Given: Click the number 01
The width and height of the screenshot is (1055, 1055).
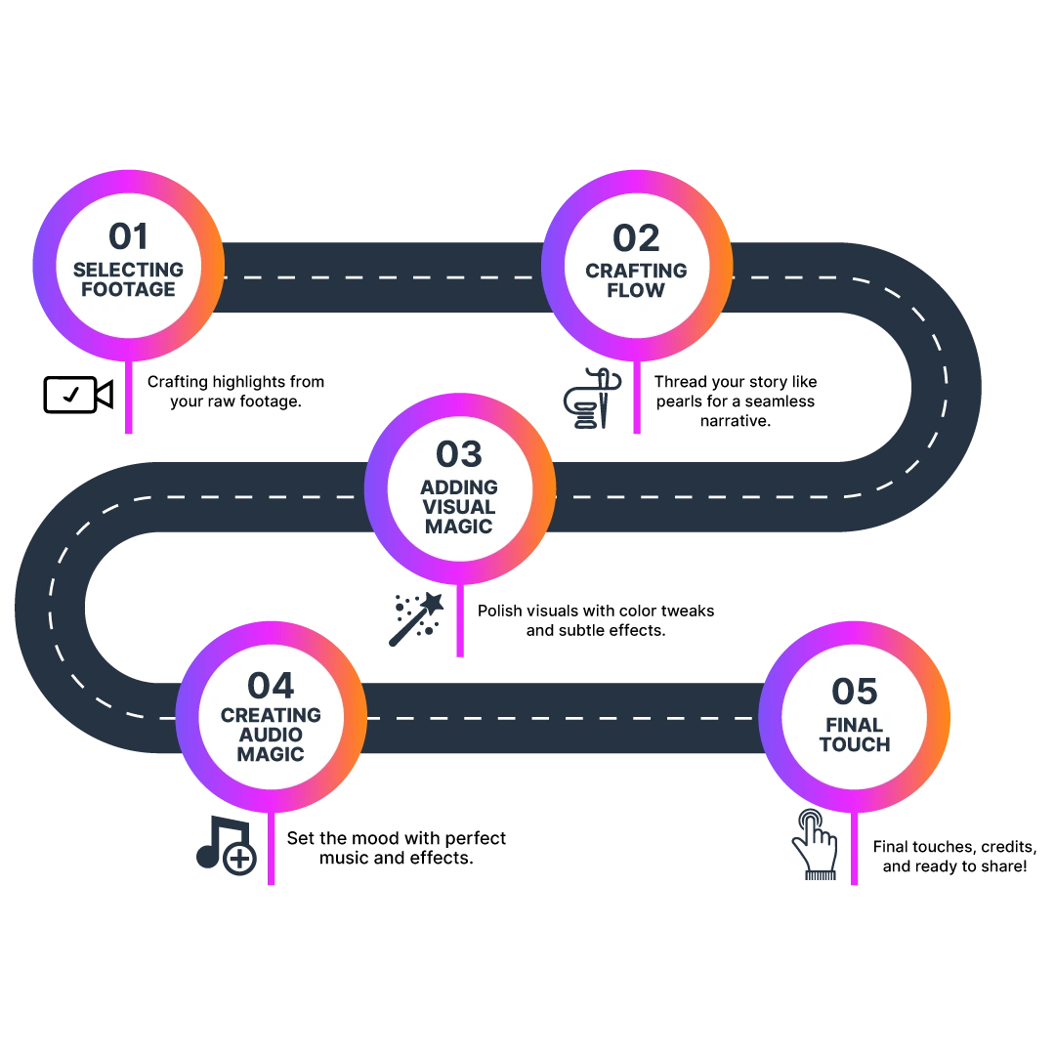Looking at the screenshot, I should pos(128,237).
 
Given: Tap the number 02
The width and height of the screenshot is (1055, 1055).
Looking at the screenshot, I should pos(636,238).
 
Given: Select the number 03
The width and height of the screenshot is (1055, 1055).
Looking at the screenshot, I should pos(459,454).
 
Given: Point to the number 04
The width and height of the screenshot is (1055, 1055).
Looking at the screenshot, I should pos(271,685).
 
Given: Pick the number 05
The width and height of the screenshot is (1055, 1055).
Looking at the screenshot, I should pos(855,693).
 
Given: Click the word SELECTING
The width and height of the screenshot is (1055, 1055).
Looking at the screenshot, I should pos(128,270).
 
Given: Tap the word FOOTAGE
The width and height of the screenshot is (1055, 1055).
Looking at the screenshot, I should pos(128,290).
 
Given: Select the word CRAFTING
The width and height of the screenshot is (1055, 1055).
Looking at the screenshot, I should pos(636,271).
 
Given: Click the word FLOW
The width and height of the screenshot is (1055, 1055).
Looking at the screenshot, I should pos(636,291).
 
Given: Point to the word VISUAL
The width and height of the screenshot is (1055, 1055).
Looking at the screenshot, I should pos(459,507).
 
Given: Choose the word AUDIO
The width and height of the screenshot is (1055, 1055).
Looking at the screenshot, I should pos(271,735).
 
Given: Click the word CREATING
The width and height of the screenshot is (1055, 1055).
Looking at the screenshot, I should pos(271,715).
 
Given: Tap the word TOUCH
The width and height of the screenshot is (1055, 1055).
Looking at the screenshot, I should pos(855,745).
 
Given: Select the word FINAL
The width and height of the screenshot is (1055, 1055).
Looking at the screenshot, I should pos(855,725).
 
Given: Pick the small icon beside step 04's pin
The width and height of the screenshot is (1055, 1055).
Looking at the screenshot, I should pos(227,846).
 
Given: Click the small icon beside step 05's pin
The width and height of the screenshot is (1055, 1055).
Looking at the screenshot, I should pos(816,846).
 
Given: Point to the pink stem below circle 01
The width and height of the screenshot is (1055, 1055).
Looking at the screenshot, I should pos(128,401).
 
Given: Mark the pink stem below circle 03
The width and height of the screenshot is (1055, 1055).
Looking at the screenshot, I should pos(460,625).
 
